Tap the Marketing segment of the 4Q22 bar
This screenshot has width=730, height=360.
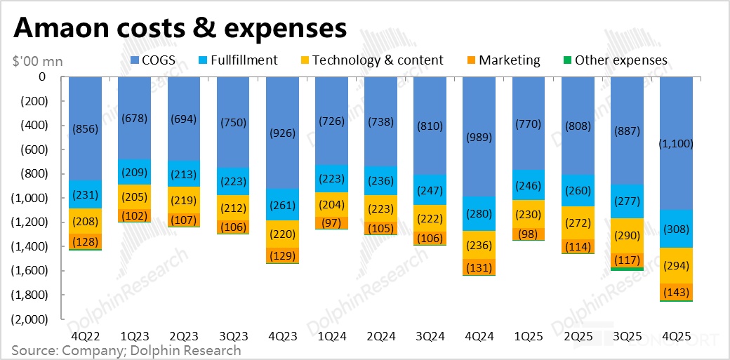tap(86, 241)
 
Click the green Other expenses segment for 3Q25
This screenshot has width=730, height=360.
tap(627, 269)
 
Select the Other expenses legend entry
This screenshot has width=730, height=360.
tap(613, 60)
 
